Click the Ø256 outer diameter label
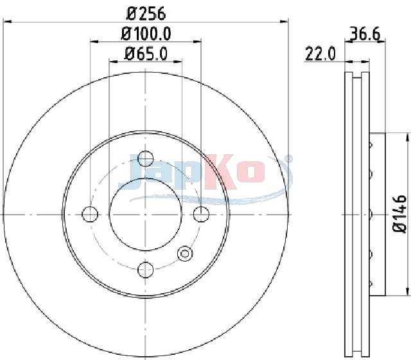(146, 14)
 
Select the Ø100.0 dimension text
(146, 34)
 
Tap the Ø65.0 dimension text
(146, 54)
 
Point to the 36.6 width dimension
(365, 33)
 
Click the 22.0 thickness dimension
(320, 54)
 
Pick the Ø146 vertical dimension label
(399, 213)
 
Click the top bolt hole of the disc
(146, 159)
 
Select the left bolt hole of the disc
(90, 214)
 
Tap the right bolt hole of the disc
(201, 214)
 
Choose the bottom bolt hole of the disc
(146, 269)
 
